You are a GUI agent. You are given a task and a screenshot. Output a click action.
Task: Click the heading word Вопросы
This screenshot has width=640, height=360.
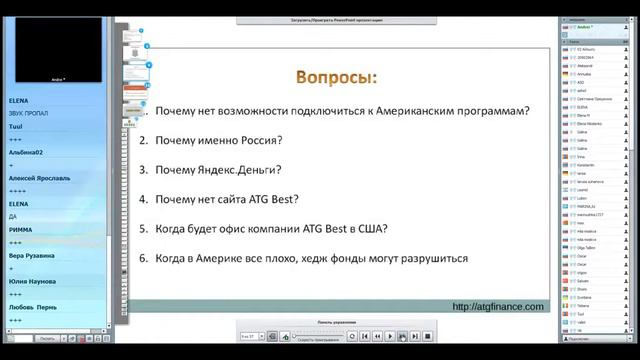(336, 77)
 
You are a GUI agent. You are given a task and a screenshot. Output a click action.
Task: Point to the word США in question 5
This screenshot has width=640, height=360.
(372, 228)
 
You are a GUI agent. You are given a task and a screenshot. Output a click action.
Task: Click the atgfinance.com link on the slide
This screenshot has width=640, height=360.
(498, 306)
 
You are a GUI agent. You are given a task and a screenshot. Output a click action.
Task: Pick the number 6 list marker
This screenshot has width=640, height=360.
(143, 258)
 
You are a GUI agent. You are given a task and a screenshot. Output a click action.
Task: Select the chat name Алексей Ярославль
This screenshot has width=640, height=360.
(39, 178)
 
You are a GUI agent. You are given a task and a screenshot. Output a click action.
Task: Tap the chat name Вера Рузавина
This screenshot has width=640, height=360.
(32, 255)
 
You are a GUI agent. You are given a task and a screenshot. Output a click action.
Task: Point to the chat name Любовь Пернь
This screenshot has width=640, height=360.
(32, 307)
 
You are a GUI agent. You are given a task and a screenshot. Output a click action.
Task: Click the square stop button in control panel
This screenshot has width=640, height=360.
(427, 336)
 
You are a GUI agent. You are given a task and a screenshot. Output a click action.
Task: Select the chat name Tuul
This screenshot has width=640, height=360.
(15, 126)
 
